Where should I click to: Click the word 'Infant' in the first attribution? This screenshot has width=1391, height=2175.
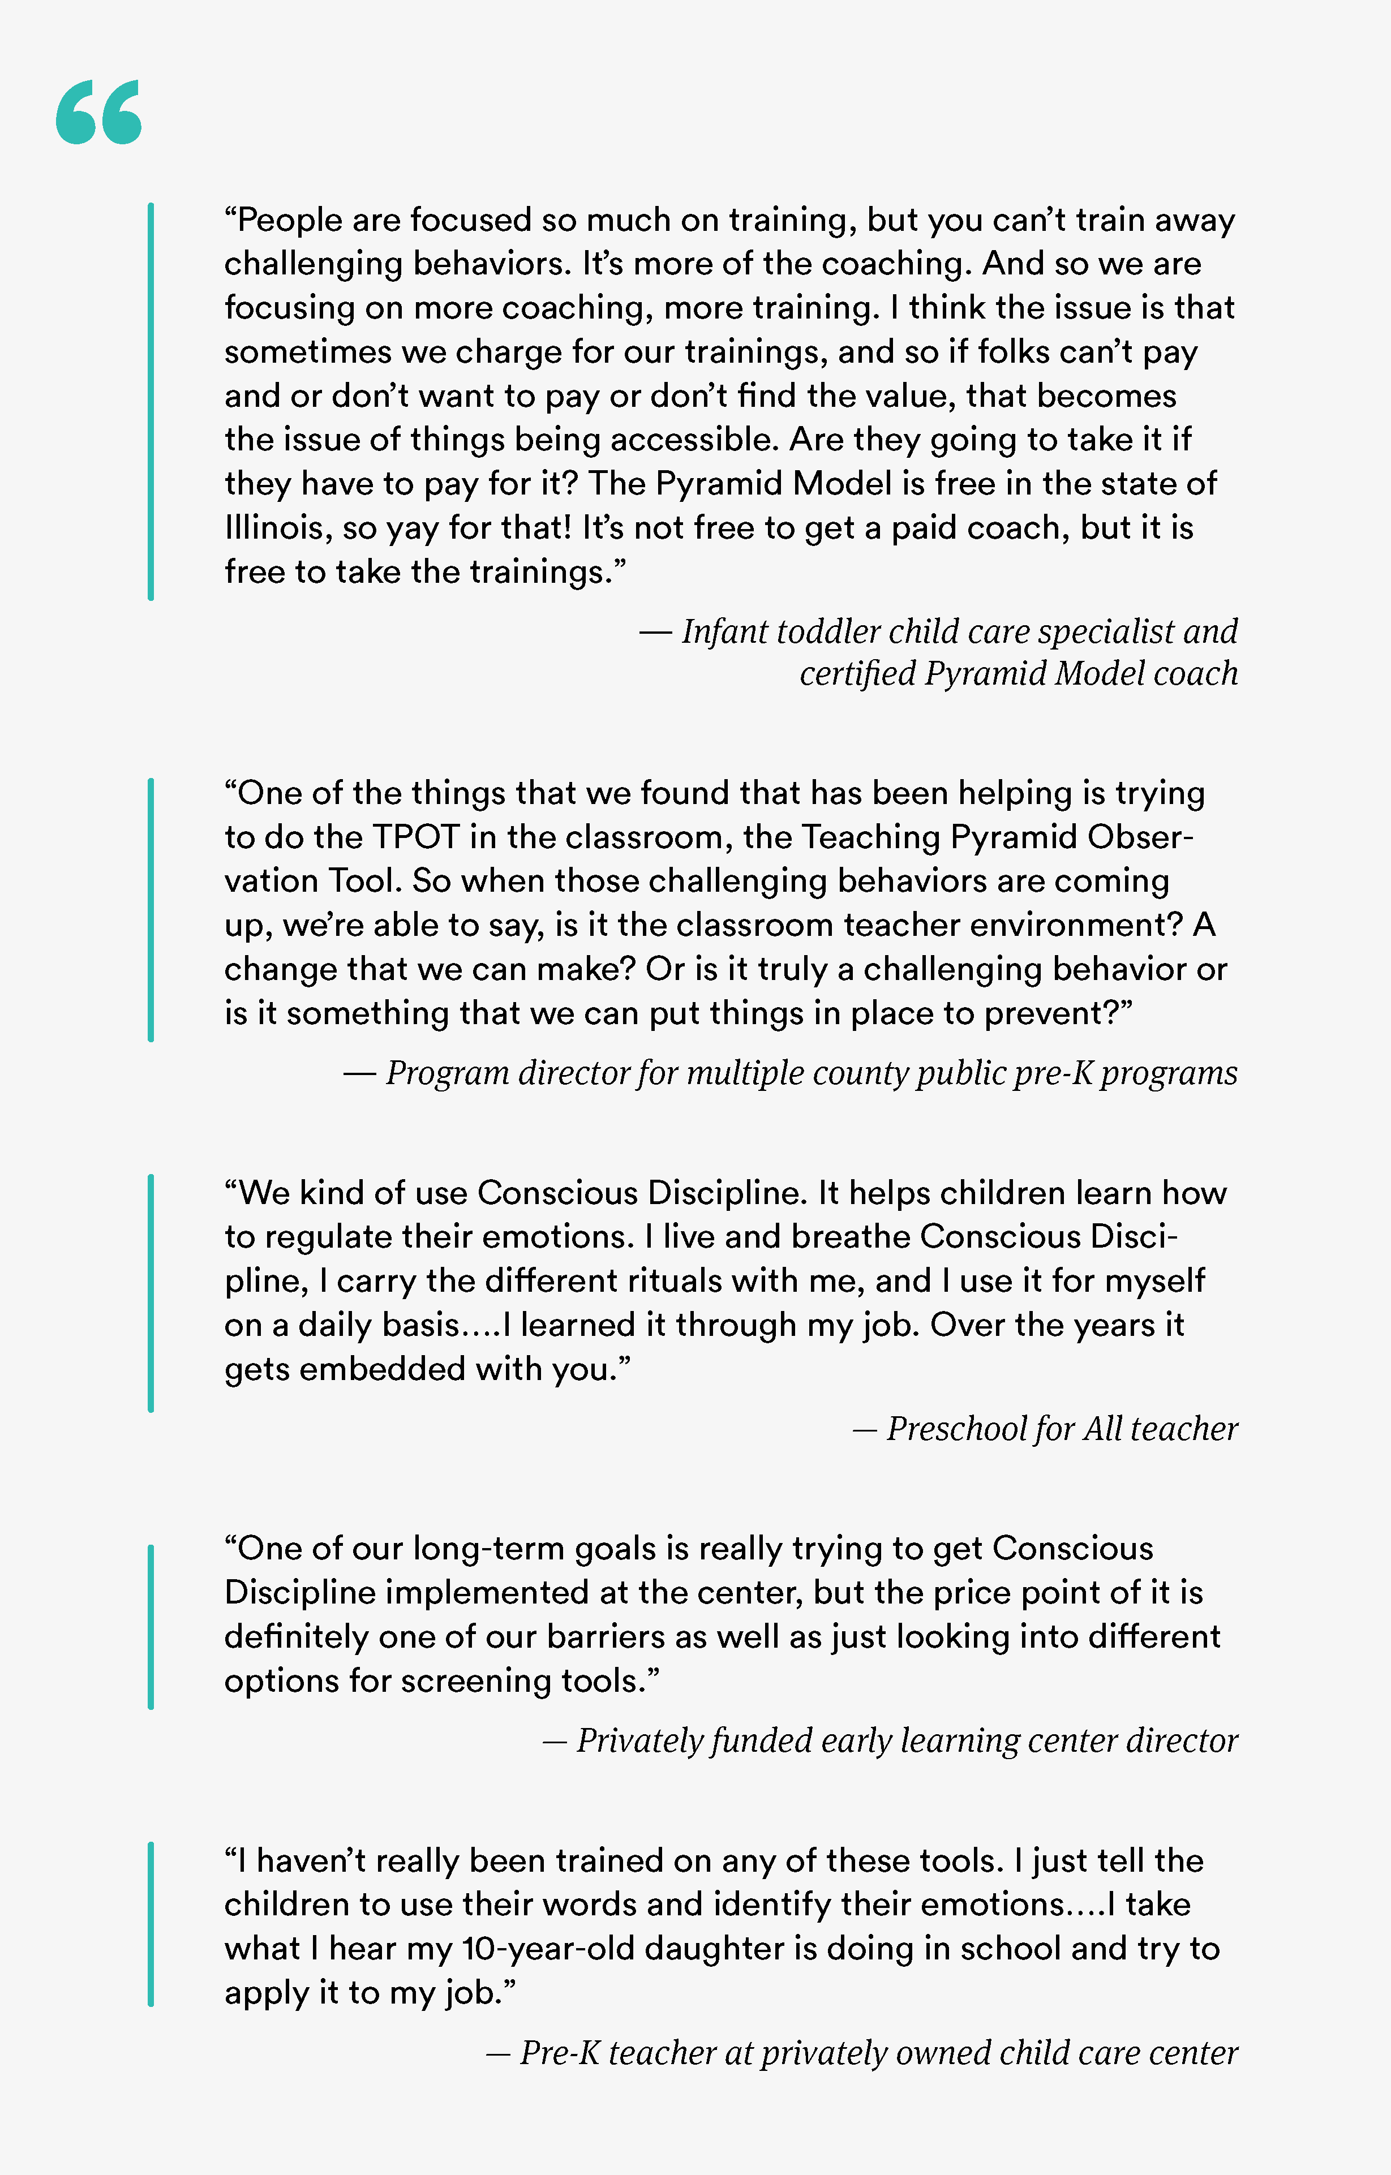(723, 631)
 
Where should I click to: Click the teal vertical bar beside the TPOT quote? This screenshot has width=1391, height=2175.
(151, 910)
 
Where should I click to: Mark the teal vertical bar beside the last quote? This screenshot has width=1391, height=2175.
(151, 1924)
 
